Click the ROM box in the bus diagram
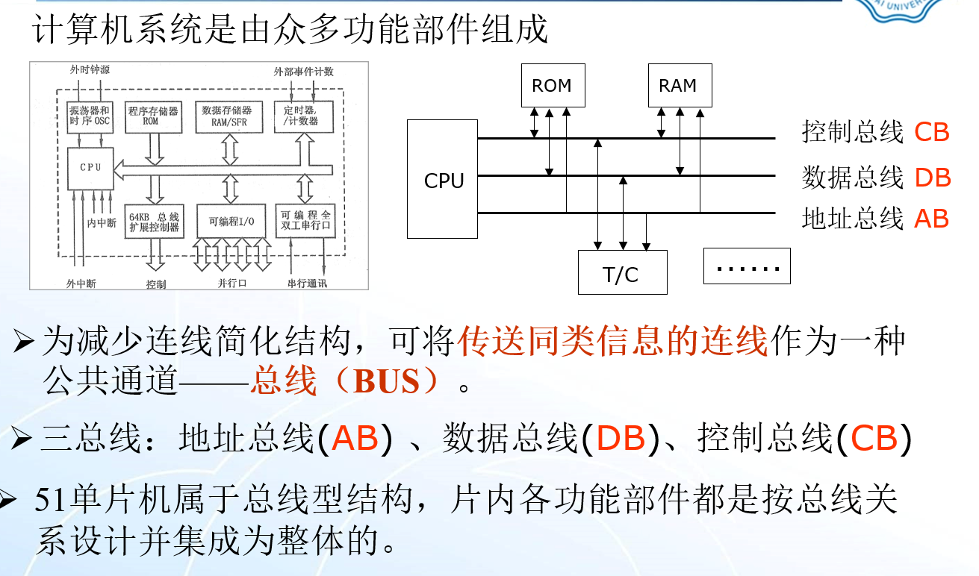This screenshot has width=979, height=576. point(552,85)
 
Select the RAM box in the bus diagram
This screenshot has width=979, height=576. point(678,85)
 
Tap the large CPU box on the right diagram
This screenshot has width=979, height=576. point(443,179)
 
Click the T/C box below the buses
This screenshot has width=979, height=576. point(621,273)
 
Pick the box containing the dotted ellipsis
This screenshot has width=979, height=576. point(746,266)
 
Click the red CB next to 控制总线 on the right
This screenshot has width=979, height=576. point(931,132)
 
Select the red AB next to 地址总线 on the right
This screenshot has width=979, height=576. point(931,219)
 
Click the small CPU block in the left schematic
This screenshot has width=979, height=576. point(90,168)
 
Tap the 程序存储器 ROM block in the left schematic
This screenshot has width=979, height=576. point(154,116)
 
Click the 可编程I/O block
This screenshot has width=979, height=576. point(231,221)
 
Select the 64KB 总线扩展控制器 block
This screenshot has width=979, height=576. point(153,222)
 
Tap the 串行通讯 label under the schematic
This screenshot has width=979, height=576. point(307,284)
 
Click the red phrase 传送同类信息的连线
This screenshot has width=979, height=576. point(613,342)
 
